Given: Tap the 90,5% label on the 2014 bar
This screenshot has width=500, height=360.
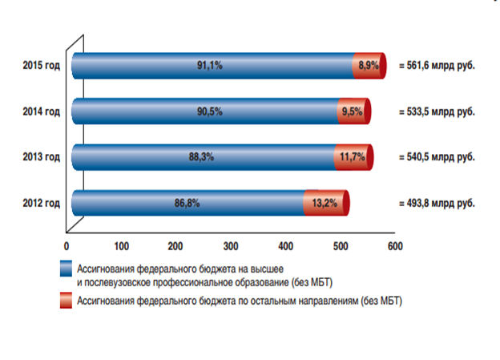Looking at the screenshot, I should coord(211,111).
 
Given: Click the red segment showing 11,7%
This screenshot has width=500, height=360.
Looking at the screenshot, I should coord(351,157).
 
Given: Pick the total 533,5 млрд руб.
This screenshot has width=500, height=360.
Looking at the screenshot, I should coord(437,111).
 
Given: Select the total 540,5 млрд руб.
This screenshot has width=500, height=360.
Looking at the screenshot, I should coord(437,158).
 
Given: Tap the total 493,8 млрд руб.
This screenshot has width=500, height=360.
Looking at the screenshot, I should coord(437,204).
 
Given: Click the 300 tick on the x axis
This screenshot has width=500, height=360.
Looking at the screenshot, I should coord(230,245).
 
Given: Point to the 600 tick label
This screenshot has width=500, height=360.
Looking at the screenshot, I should coord(393,245).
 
